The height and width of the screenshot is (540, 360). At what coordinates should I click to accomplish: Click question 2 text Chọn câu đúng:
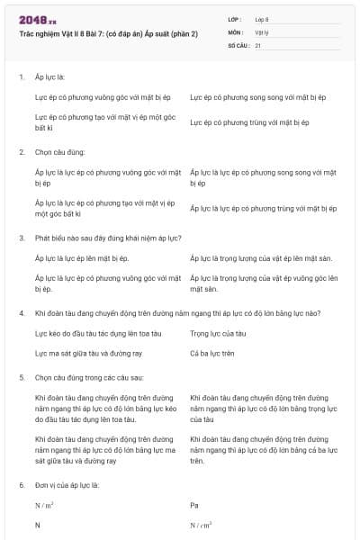pos(59,152)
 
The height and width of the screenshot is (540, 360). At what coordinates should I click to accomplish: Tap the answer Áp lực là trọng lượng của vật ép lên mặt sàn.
pos(261,258)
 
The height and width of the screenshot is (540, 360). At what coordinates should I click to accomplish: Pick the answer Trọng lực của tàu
pos(211,333)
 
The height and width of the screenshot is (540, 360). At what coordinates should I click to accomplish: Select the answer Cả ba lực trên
pos(212,353)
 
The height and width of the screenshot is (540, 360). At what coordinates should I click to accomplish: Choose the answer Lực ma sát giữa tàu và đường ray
pos(88,353)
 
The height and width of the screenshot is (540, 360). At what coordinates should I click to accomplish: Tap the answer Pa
pos(194,505)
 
